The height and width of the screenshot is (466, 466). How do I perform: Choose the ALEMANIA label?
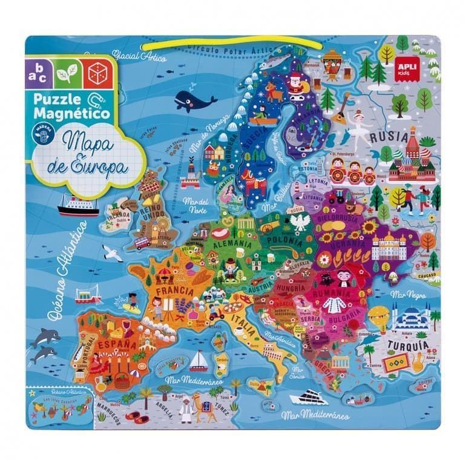(x=234, y=243)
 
